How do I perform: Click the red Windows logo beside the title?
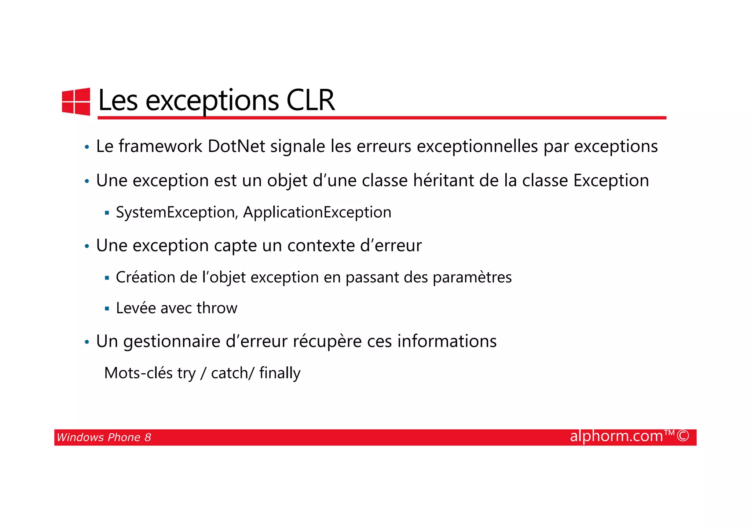pos(76,101)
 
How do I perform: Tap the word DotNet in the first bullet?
pos(236,146)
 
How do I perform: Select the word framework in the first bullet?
pos(160,146)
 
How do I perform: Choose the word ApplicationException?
pos(317,212)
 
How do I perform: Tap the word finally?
pos(280,373)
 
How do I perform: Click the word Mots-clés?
pos(138,373)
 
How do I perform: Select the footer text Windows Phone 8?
pos(104,437)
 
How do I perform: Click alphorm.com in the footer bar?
pos(616,436)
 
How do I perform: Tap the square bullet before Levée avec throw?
pos(107,309)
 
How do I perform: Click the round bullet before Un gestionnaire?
pos(87,342)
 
